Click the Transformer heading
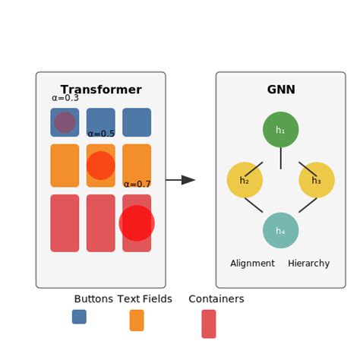pos(101,90)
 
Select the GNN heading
pos(281,90)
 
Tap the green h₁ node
pos(280,130)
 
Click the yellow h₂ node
pos(245,180)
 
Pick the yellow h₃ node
pos(317,180)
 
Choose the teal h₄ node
pos(280,230)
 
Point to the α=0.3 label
pos(65,98)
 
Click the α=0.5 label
pos(101,134)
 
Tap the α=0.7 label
pos(137,184)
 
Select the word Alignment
pos(252,264)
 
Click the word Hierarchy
pos(309,264)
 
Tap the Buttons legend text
pos(93,299)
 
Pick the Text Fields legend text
pos(145,299)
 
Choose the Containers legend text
pos(216,299)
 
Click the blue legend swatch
pos(79,317)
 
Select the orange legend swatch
pos(137,321)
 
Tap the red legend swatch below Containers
pos(209,324)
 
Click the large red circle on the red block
pos(137,223)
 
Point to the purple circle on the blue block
pos(65,122)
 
